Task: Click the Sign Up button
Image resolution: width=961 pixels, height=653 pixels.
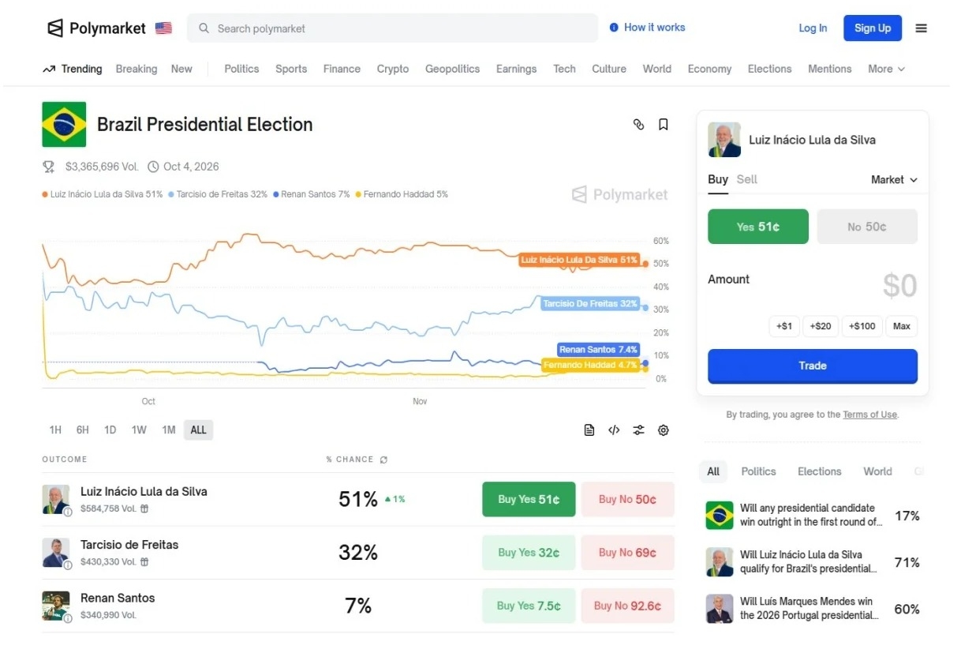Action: [x=872, y=28]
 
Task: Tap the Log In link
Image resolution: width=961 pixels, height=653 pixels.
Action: [x=813, y=28]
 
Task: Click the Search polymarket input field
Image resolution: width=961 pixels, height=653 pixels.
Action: [x=394, y=28]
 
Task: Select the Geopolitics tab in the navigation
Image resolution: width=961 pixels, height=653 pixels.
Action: [x=452, y=69]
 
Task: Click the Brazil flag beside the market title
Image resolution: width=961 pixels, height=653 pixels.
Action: [x=64, y=125]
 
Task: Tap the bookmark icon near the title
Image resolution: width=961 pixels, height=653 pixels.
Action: [x=664, y=125]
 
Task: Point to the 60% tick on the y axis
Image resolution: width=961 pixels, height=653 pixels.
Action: [x=660, y=241]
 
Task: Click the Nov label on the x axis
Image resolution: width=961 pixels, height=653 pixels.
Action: [x=420, y=401]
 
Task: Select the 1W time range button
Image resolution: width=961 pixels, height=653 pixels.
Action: [x=139, y=430]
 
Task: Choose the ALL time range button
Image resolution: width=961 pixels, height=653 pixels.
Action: [x=198, y=430]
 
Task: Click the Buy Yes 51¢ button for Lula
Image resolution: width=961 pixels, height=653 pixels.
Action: [x=529, y=499]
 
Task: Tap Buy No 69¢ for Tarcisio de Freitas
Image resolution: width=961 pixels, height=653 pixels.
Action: [x=627, y=553]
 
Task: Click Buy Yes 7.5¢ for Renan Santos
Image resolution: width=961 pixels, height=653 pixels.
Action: [x=529, y=606]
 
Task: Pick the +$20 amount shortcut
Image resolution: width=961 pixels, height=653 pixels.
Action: [x=821, y=326]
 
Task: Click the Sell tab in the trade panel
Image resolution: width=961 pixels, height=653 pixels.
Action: [x=746, y=179]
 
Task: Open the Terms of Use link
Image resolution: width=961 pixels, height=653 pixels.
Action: [x=869, y=415]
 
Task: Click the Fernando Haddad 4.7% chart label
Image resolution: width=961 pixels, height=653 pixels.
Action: [x=590, y=365]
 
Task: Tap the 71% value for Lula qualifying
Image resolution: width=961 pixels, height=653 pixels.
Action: [x=907, y=562]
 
